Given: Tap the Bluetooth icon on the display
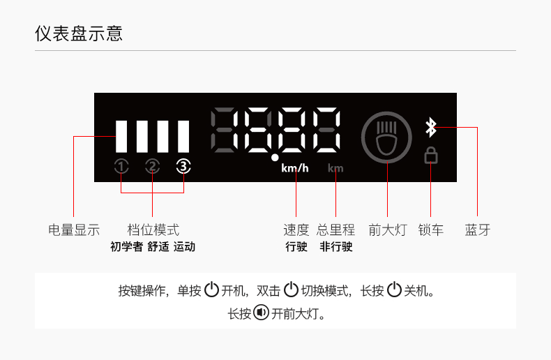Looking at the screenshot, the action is [x=431, y=128].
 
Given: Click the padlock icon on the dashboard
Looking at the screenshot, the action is [x=431, y=155].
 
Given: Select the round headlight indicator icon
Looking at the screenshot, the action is [x=386, y=137].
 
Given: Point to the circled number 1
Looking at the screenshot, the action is [x=122, y=166].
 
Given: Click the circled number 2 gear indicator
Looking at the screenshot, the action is [x=153, y=166].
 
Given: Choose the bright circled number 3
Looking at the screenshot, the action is [x=183, y=166].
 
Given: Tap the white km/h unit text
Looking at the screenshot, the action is [x=295, y=168].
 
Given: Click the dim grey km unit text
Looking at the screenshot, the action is [x=335, y=168].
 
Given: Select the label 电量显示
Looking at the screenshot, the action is [x=74, y=230].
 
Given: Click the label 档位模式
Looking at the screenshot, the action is [x=153, y=230].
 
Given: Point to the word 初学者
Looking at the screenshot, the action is [x=126, y=247].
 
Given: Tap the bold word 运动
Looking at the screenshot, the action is [x=184, y=247].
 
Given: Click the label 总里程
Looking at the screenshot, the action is [x=335, y=230].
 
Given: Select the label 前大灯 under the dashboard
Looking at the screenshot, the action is [x=387, y=230].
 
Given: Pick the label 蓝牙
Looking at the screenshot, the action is [x=478, y=230].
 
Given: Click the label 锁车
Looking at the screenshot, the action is [x=430, y=230].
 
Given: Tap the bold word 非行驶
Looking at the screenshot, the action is [x=335, y=247].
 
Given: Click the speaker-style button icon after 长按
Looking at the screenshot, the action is [x=261, y=313].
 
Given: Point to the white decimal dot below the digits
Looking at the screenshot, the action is [x=275, y=158].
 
